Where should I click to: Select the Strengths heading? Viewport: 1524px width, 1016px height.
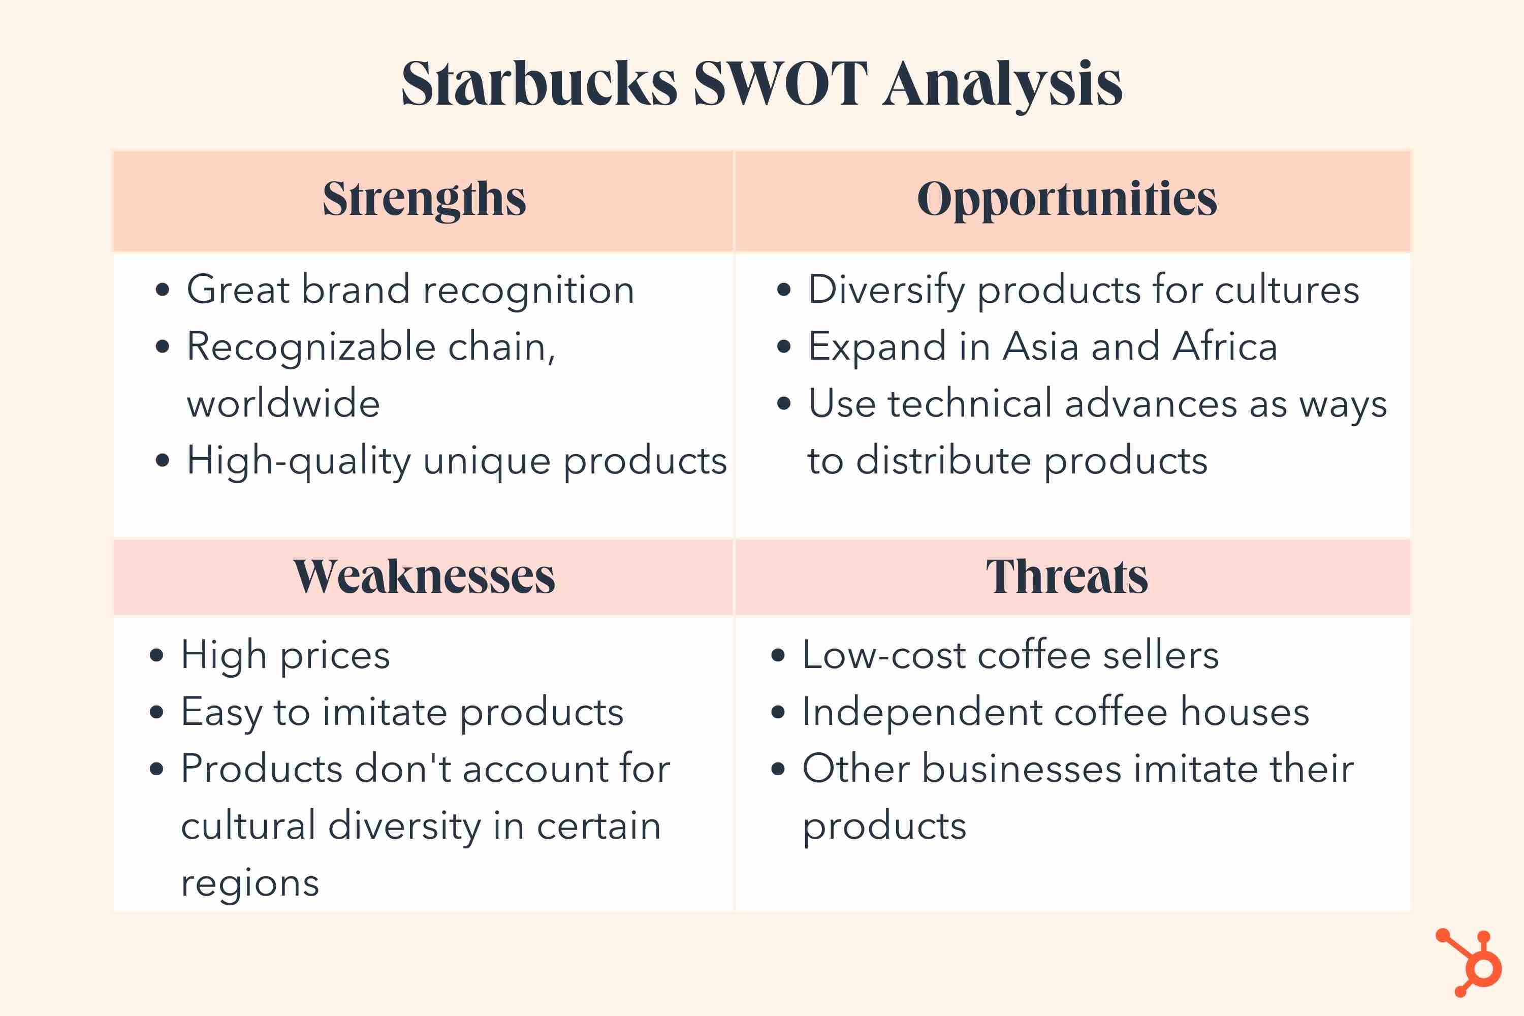pyautogui.click(x=424, y=200)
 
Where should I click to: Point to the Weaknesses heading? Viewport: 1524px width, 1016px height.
pyautogui.click(x=424, y=576)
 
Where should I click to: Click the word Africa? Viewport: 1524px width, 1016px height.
pyautogui.click(x=1225, y=346)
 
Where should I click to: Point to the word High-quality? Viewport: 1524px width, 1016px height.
pyautogui.click(x=299, y=461)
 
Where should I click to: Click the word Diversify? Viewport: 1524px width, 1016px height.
pyautogui.click(x=886, y=290)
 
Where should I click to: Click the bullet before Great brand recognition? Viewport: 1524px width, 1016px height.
pyautogui.click(x=162, y=290)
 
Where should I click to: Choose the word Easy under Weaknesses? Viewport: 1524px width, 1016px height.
pyautogui.click(x=221, y=713)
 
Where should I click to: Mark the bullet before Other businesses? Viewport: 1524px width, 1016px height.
pyautogui.click(x=778, y=770)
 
